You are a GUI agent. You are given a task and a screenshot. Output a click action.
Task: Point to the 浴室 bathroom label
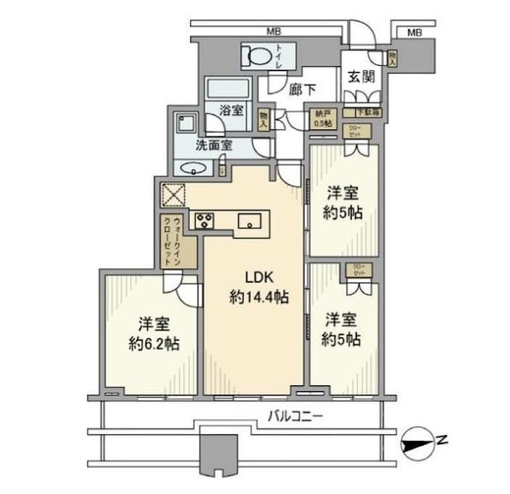point(230,110)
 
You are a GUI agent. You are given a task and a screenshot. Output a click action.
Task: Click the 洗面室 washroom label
point(213,145)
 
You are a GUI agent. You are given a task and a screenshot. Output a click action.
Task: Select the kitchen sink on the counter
point(250,221)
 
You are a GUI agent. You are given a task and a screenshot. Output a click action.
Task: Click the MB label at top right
point(414,32)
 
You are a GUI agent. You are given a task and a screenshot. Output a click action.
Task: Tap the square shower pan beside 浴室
point(185,121)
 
